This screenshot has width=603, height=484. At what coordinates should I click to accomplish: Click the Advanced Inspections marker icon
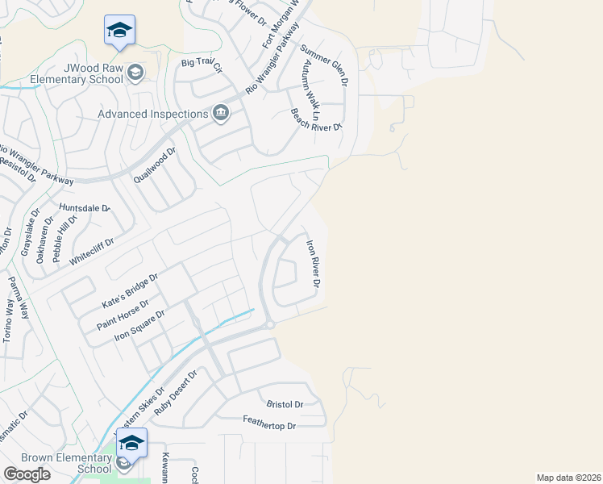click(x=220, y=114)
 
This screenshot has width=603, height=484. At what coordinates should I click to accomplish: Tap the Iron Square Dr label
click(x=139, y=325)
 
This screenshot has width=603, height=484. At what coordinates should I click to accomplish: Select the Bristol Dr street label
click(x=285, y=404)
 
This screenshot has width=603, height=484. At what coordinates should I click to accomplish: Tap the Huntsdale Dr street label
click(x=83, y=208)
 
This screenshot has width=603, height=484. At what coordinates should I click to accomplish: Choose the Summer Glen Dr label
click(x=324, y=65)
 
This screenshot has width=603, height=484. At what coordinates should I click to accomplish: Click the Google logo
click(x=27, y=474)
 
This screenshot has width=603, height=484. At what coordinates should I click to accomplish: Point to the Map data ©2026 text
click(x=569, y=478)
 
